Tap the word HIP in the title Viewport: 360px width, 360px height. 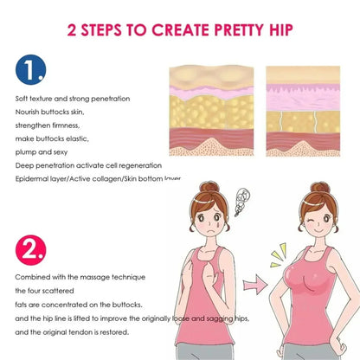tap(281, 30)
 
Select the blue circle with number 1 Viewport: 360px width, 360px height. tap(30, 69)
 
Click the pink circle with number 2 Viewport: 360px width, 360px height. tap(30, 250)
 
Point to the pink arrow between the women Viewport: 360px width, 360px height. tap(255, 284)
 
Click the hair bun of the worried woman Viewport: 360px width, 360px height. tap(209, 187)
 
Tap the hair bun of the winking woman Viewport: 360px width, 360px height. tap(320, 188)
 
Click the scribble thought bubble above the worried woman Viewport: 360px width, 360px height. tap(241, 202)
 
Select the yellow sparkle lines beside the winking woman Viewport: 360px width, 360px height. tap(278, 255)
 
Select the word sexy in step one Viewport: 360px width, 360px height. tap(61, 152)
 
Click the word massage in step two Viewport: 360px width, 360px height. tap(95, 278)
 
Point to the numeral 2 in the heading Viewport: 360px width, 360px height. tap(72, 30)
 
